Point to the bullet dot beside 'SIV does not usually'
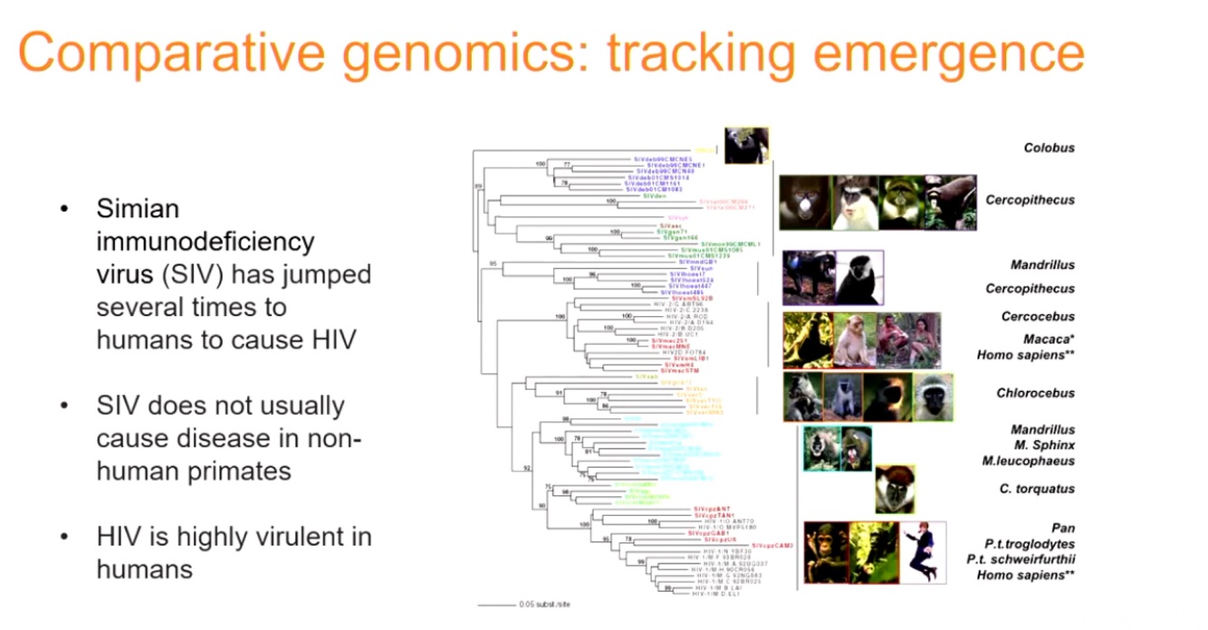(x=64, y=406)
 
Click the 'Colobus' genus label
(x=1049, y=148)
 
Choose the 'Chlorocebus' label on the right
(x=1036, y=393)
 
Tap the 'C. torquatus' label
(x=1037, y=489)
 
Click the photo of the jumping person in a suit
(x=923, y=551)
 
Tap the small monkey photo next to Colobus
(x=746, y=146)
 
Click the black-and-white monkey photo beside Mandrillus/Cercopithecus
(x=858, y=277)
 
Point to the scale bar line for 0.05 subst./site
(x=496, y=604)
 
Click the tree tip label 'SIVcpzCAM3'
(x=772, y=546)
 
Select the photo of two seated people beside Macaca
(x=908, y=339)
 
